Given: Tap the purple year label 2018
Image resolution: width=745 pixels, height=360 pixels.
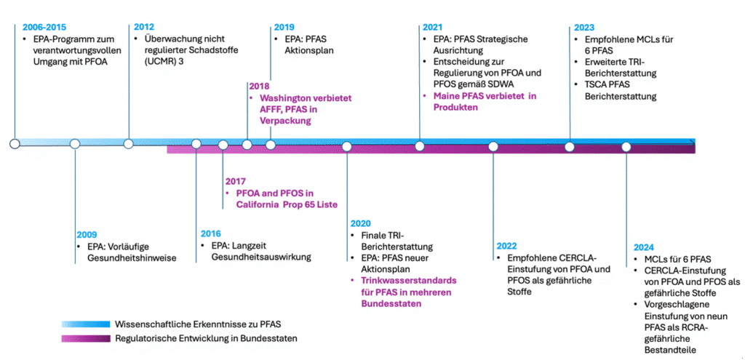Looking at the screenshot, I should tap(259, 85).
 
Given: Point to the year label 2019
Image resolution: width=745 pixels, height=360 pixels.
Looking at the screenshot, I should tap(284, 27).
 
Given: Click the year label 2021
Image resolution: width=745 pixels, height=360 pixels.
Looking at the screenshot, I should tap(433, 27).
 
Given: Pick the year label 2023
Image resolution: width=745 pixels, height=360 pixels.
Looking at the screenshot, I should tap(583, 27).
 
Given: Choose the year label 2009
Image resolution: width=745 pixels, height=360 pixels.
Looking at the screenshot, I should tap(87, 235).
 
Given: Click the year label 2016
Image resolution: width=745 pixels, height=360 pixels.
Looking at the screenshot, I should tap(212, 234).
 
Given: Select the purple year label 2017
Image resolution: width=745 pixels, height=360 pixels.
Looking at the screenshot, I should tap(236, 182).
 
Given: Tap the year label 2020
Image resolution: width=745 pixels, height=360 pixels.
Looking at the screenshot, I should tap(362, 223).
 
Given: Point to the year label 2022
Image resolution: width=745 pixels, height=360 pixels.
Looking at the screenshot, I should tap(508, 246).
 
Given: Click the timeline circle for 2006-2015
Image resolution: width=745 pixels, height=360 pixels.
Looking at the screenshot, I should tap(15, 144).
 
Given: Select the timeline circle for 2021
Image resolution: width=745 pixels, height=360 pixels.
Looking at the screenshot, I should tap(420, 146).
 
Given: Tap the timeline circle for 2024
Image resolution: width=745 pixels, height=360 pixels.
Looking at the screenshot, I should tap(626, 146).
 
